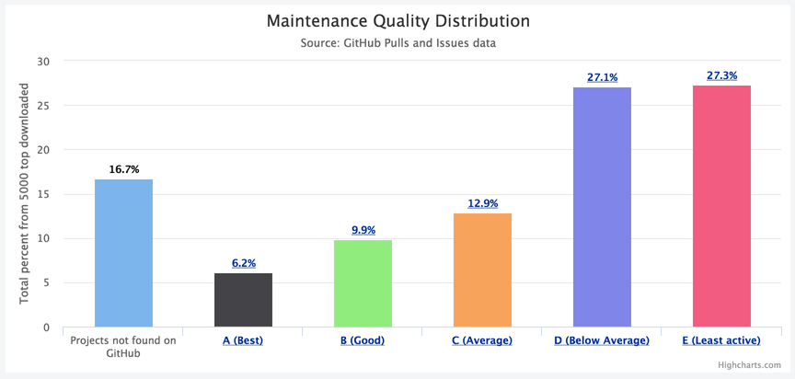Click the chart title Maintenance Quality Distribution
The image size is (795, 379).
(397, 20)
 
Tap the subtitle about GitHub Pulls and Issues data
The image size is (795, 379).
(397, 43)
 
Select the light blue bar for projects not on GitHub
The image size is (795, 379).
(123, 253)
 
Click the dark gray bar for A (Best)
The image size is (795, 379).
(243, 300)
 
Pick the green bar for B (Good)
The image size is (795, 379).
(363, 283)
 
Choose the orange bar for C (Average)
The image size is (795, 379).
(482, 270)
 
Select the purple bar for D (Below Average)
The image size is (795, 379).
(602, 207)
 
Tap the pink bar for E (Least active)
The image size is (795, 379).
(721, 206)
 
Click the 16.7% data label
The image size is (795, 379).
(123, 169)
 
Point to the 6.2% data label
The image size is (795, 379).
(243, 263)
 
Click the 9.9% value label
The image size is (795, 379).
(363, 230)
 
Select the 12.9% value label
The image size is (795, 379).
(482, 203)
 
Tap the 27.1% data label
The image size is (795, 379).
(602, 77)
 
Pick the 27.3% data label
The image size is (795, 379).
(721, 75)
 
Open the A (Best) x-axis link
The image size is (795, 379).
(243, 340)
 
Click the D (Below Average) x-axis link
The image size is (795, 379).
(602, 340)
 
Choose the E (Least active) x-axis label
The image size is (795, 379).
(721, 340)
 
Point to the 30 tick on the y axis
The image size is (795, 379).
(43, 62)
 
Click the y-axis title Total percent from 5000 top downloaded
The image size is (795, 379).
(25, 193)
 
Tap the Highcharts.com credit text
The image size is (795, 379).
(751, 365)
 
